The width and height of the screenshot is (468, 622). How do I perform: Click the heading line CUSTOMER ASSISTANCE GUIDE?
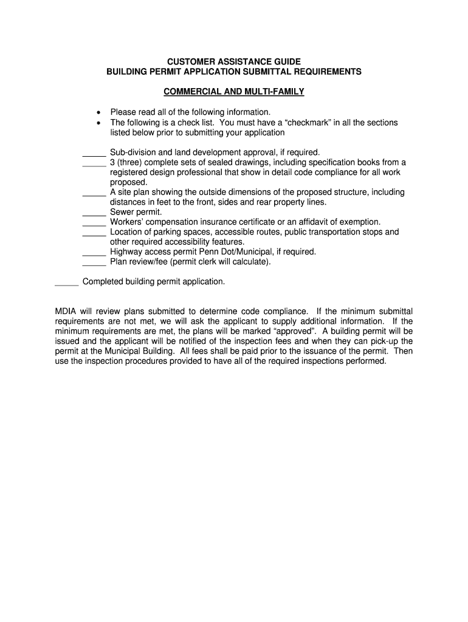click(x=234, y=62)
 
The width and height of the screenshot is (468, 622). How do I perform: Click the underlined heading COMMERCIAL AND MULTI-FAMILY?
click(x=234, y=92)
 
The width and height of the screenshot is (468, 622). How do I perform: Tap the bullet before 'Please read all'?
click(x=98, y=112)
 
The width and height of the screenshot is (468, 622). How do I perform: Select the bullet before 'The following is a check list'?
click(x=98, y=123)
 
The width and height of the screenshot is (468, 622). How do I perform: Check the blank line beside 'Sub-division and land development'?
click(x=94, y=153)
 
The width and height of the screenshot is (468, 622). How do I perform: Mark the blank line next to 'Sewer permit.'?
click(x=94, y=213)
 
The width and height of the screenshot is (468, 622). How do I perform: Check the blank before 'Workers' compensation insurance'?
click(x=94, y=223)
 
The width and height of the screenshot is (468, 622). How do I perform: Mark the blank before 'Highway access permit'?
click(x=94, y=253)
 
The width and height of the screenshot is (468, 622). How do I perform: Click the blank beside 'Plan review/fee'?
click(x=94, y=263)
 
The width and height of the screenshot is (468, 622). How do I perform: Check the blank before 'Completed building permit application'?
click(x=67, y=283)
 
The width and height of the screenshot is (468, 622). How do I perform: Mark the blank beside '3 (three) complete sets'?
click(x=94, y=163)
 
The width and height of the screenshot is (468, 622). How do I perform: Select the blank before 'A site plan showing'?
click(x=94, y=193)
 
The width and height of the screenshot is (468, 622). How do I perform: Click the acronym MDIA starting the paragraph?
click(x=66, y=312)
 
